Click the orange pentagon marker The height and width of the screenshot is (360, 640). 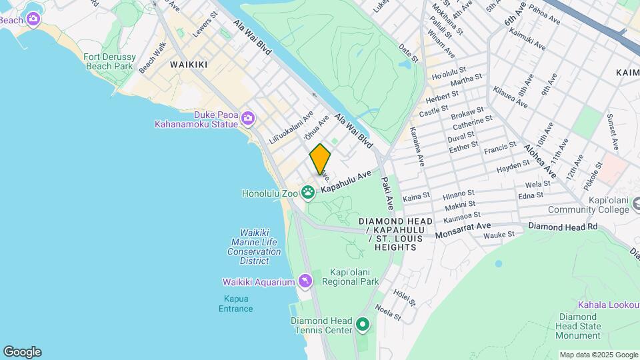(320, 159)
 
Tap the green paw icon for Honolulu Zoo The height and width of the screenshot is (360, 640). (308, 193)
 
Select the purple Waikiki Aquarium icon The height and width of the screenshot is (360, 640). (305, 282)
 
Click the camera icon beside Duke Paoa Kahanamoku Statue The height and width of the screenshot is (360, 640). (248, 119)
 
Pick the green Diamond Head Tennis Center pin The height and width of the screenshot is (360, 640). (363, 325)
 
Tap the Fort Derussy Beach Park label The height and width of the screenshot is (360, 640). (109, 62)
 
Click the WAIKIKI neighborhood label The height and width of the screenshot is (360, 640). (189, 65)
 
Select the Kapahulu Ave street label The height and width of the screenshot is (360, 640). (345, 182)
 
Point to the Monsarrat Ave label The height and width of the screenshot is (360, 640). (463, 231)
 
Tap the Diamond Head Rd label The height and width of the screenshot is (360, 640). (563, 227)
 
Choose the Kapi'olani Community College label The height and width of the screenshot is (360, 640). (589, 205)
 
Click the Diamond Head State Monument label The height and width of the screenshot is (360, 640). (579, 326)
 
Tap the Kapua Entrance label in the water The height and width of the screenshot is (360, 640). (236, 303)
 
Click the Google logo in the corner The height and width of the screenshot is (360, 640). (22, 352)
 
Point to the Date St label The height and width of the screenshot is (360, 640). (408, 53)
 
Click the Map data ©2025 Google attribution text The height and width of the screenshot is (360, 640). (598, 355)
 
